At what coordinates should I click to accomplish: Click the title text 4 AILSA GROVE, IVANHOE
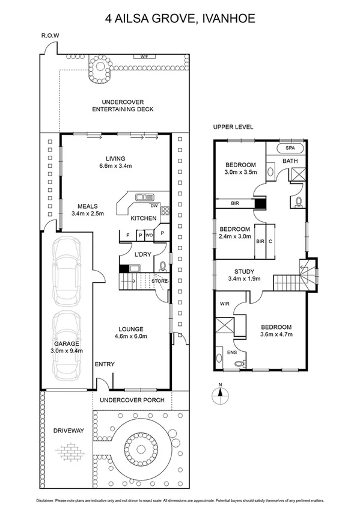(x=180, y=19)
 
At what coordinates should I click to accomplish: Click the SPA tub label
(x=290, y=147)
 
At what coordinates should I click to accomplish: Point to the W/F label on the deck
(x=144, y=57)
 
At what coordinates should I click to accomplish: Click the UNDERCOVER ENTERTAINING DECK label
(x=123, y=105)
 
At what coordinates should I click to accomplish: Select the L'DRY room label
(x=142, y=254)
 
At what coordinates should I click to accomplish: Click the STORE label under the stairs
(x=159, y=281)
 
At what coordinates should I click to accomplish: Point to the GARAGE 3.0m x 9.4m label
(x=67, y=346)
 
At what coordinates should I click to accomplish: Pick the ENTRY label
(x=105, y=364)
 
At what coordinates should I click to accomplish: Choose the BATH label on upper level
(x=290, y=161)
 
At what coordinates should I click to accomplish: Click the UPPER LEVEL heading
(x=233, y=127)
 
